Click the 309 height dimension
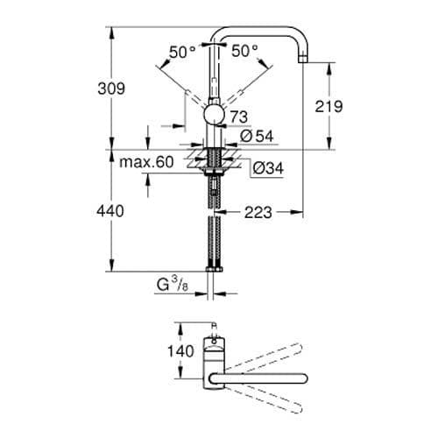[111, 88]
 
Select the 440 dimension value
[111, 211]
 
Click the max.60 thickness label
[145, 162]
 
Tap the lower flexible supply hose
[213, 241]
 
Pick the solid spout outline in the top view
[263, 379]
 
